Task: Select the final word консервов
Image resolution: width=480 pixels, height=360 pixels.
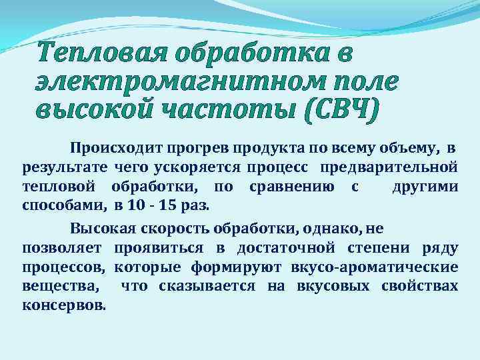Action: click(x=63, y=305)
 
